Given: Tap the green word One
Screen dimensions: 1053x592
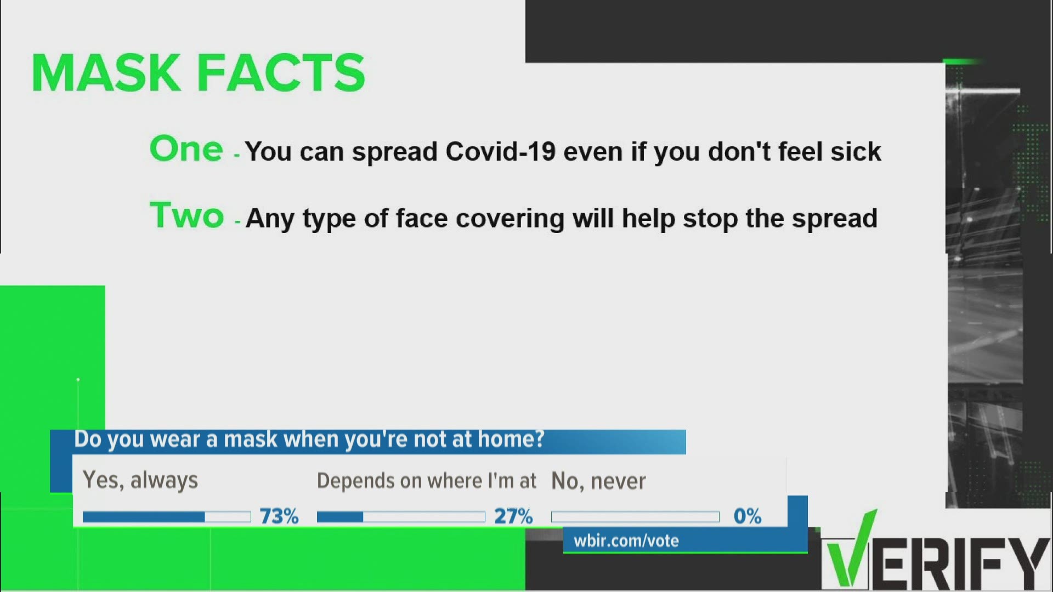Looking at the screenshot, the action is tap(186, 149).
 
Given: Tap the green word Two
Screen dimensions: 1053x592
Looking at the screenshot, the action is tap(187, 215).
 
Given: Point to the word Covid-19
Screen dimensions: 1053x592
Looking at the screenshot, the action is tap(501, 151).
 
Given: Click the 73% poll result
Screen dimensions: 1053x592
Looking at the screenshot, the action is tap(279, 516).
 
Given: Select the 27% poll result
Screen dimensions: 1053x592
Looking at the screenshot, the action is tap(513, 516).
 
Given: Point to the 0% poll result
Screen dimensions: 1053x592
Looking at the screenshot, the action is tap(748, 516).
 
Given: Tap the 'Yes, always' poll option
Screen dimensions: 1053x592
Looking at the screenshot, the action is tap(140, 481).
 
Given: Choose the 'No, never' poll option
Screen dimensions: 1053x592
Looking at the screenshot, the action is tap(598, 481).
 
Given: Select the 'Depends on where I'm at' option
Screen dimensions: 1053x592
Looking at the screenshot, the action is tap(427, 481).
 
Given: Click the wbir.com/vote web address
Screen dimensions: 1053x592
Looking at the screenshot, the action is tap(626, 541).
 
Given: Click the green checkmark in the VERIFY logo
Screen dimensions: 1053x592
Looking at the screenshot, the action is tap(852, 548).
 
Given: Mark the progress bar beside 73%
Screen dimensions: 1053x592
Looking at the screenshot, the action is tap(167, 517).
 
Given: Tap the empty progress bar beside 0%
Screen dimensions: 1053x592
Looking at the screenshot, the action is tap(635, 517).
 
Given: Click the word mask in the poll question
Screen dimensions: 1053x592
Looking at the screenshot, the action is tap(251, 440).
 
